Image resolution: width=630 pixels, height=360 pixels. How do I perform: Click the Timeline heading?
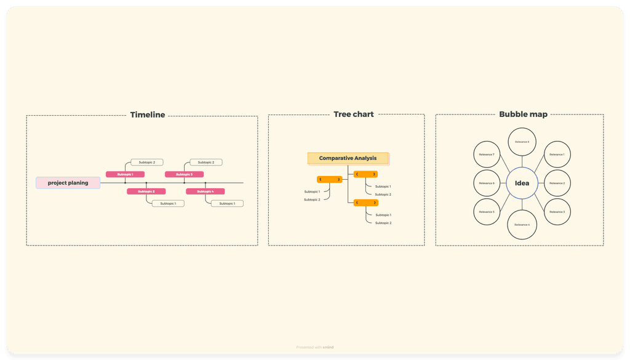tap(148, 115)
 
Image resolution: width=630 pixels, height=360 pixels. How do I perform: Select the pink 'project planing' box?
tap(68, 183)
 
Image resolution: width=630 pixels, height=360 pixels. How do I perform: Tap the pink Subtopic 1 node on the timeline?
tap(125, 174)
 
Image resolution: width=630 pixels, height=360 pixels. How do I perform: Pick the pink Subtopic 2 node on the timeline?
tap(146, 191)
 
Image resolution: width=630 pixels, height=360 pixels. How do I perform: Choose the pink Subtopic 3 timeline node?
tap(184, 174)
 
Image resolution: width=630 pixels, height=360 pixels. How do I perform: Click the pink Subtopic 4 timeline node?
tap(205, 191)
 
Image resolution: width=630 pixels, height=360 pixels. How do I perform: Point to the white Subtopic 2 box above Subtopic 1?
tap(147, 162)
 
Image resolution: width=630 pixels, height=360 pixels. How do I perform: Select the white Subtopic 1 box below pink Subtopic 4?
tap(227, 203)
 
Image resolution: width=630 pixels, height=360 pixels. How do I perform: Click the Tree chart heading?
tap(353, 114)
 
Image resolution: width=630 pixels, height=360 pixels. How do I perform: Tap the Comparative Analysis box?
tap(348, 158)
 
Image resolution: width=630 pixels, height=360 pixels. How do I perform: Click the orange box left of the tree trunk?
tap(330, 180)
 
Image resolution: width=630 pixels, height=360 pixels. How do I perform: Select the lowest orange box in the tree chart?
tap(366, 202)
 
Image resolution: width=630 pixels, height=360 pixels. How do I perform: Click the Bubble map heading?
tap(523, 114)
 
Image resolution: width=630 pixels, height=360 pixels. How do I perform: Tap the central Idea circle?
tap(522, 183)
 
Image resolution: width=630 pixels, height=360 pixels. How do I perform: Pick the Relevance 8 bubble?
tap(522, 142)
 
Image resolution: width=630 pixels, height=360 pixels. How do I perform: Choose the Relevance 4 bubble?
tap(522, 225)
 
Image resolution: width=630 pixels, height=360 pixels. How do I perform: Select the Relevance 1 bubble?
tap(557, 154)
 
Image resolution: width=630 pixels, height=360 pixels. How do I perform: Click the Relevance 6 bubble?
tap(487, 183)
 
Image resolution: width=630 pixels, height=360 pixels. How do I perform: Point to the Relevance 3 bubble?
tap(557, 212)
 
